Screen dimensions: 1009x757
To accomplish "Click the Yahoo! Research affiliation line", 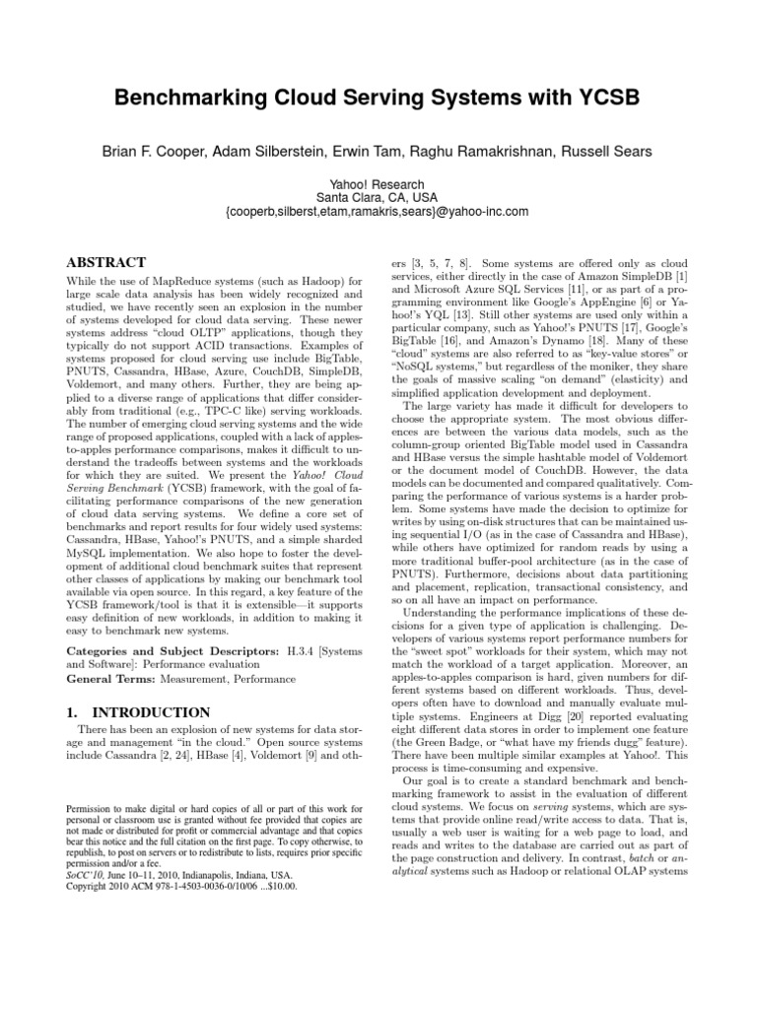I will [x=378, y=183].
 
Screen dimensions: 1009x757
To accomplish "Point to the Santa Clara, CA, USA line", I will [x=378, y=197].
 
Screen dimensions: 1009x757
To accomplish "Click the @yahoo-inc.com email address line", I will [x=378, y=212].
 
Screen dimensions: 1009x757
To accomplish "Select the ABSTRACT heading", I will [x=104, y=263].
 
